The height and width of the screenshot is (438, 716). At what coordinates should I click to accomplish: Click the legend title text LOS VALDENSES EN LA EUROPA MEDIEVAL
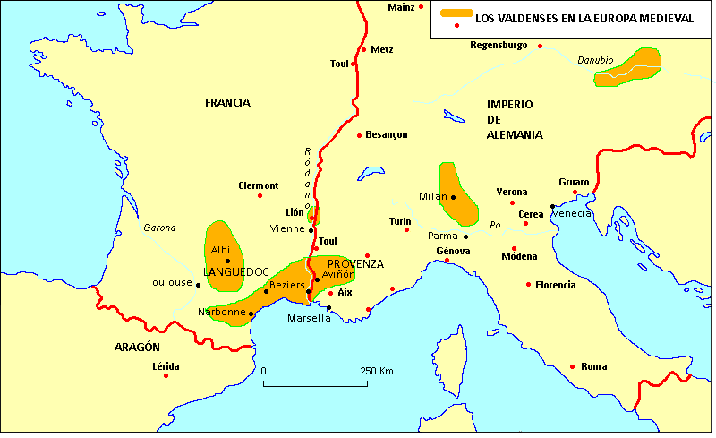(x=584, y=18)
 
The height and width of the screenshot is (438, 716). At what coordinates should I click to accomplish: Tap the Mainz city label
(x=402, y=7)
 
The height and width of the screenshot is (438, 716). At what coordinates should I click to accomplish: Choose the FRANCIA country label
(x=227, y=103)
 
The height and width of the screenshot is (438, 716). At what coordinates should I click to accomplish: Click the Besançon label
(x=387, y=135)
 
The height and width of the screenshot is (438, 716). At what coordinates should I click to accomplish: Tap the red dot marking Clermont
(x=260, y=195)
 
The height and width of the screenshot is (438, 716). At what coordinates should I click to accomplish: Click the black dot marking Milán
(x=454, y=197)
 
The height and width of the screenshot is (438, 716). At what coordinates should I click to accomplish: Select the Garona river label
(x=159, y=228)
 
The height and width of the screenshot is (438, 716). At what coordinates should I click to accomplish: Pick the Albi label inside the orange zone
(x=220, y=250)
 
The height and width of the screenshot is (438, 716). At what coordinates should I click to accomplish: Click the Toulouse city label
(x=169, y=283)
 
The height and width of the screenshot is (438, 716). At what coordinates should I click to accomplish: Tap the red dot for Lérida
(x=166, y=375)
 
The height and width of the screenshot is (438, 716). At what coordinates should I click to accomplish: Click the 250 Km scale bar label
(x=377, y=371)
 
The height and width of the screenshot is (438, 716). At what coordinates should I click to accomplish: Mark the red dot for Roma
(x=572, y=366)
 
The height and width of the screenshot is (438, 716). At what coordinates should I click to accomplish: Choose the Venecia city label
(x=572, y=214)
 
